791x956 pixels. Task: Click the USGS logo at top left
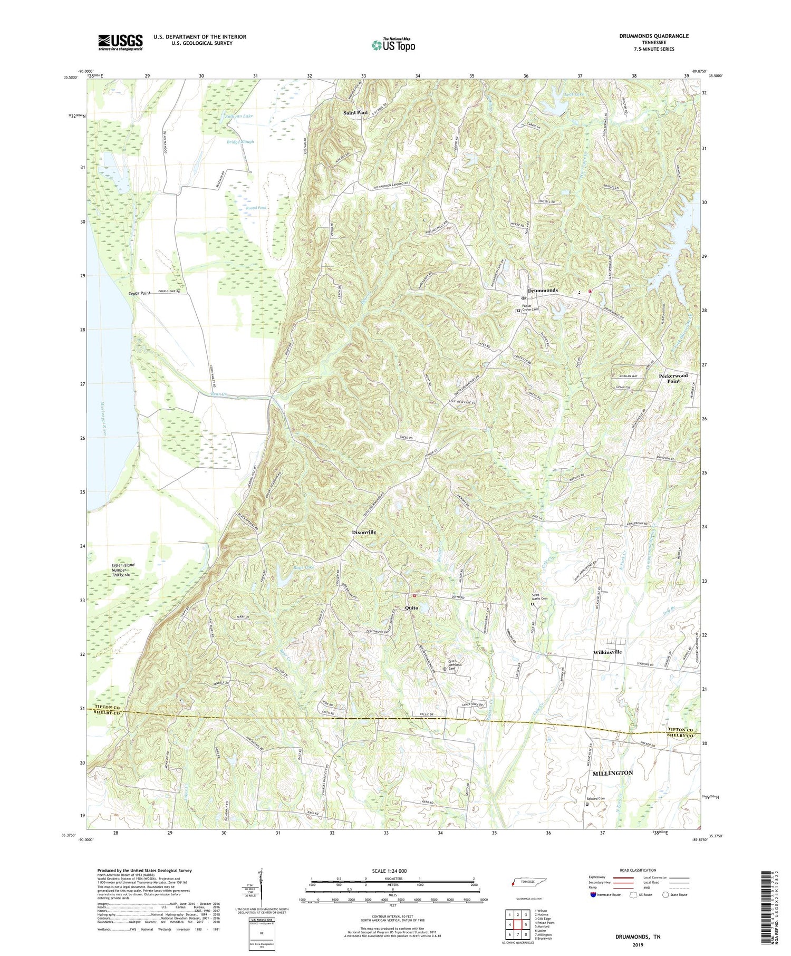point(120,42)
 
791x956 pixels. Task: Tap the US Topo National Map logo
point(393,45)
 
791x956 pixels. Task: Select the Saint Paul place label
point(355,113)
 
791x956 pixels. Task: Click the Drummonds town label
point(543,291)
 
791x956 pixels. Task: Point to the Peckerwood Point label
point(673,378)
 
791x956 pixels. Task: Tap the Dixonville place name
point(364,533)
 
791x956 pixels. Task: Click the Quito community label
point(411,608)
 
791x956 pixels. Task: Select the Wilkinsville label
point(607,652)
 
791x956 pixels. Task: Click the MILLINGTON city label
point(612,773)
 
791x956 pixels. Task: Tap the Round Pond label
point(256,208)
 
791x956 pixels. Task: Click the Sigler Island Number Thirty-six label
point(123,570)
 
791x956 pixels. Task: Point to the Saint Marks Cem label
point(539,598)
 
